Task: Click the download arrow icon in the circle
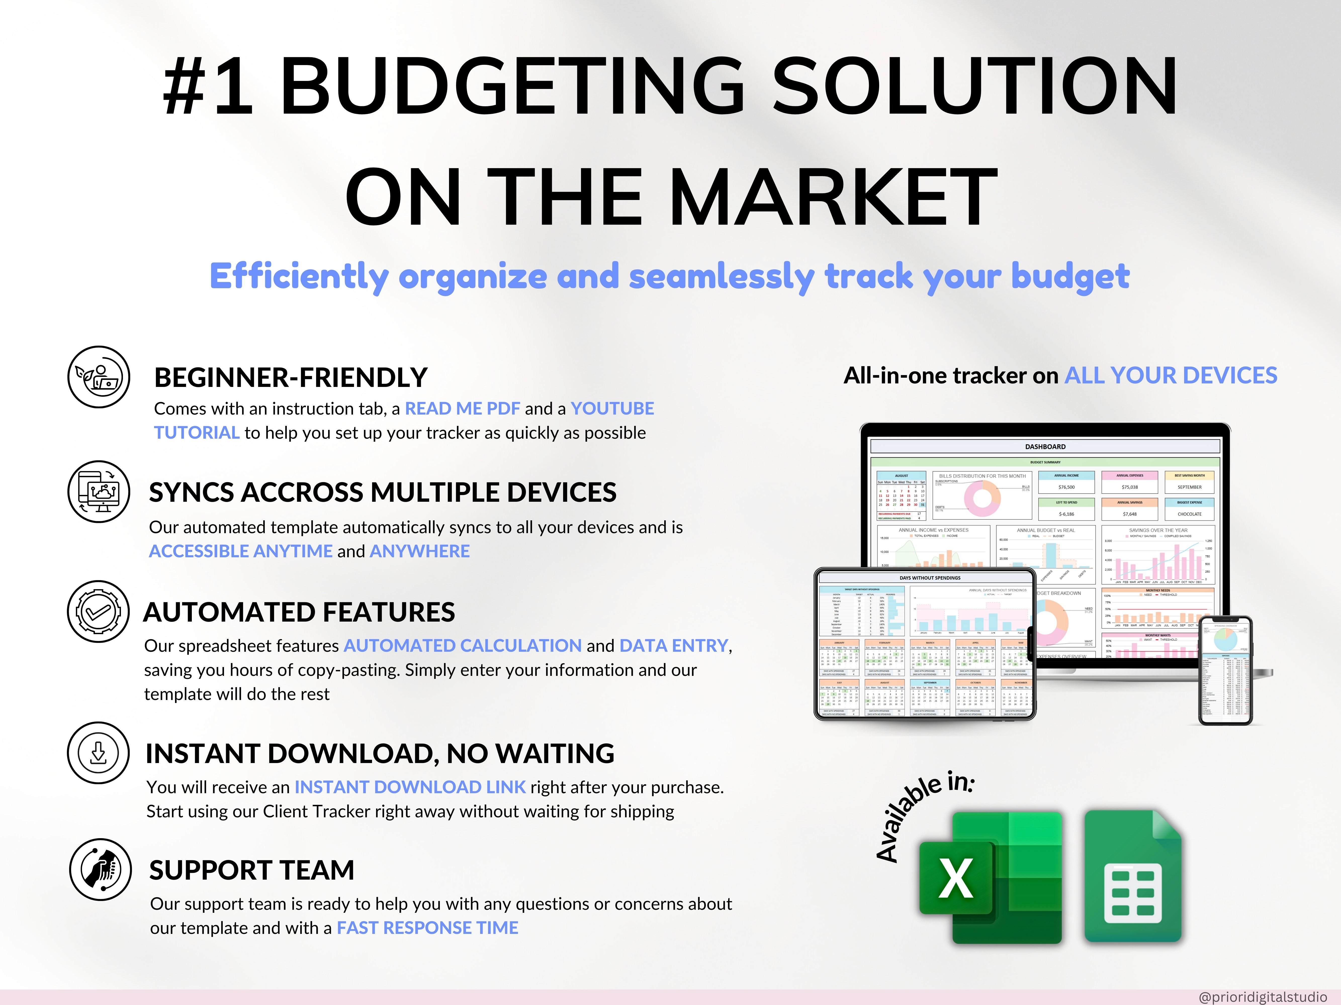coord(98,753)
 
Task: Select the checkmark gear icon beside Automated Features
coord(98,612)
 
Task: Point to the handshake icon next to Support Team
coord(100,869)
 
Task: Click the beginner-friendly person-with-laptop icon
coord(98,377)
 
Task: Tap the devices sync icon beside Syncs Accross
coord(98,491)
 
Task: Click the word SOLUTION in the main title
coord(967,86)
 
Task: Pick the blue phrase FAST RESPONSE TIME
coord(427,928)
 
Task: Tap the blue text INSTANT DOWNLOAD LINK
coord(410,787)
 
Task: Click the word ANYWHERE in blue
coord(420,551)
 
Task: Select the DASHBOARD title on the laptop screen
coord(1045,446)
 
